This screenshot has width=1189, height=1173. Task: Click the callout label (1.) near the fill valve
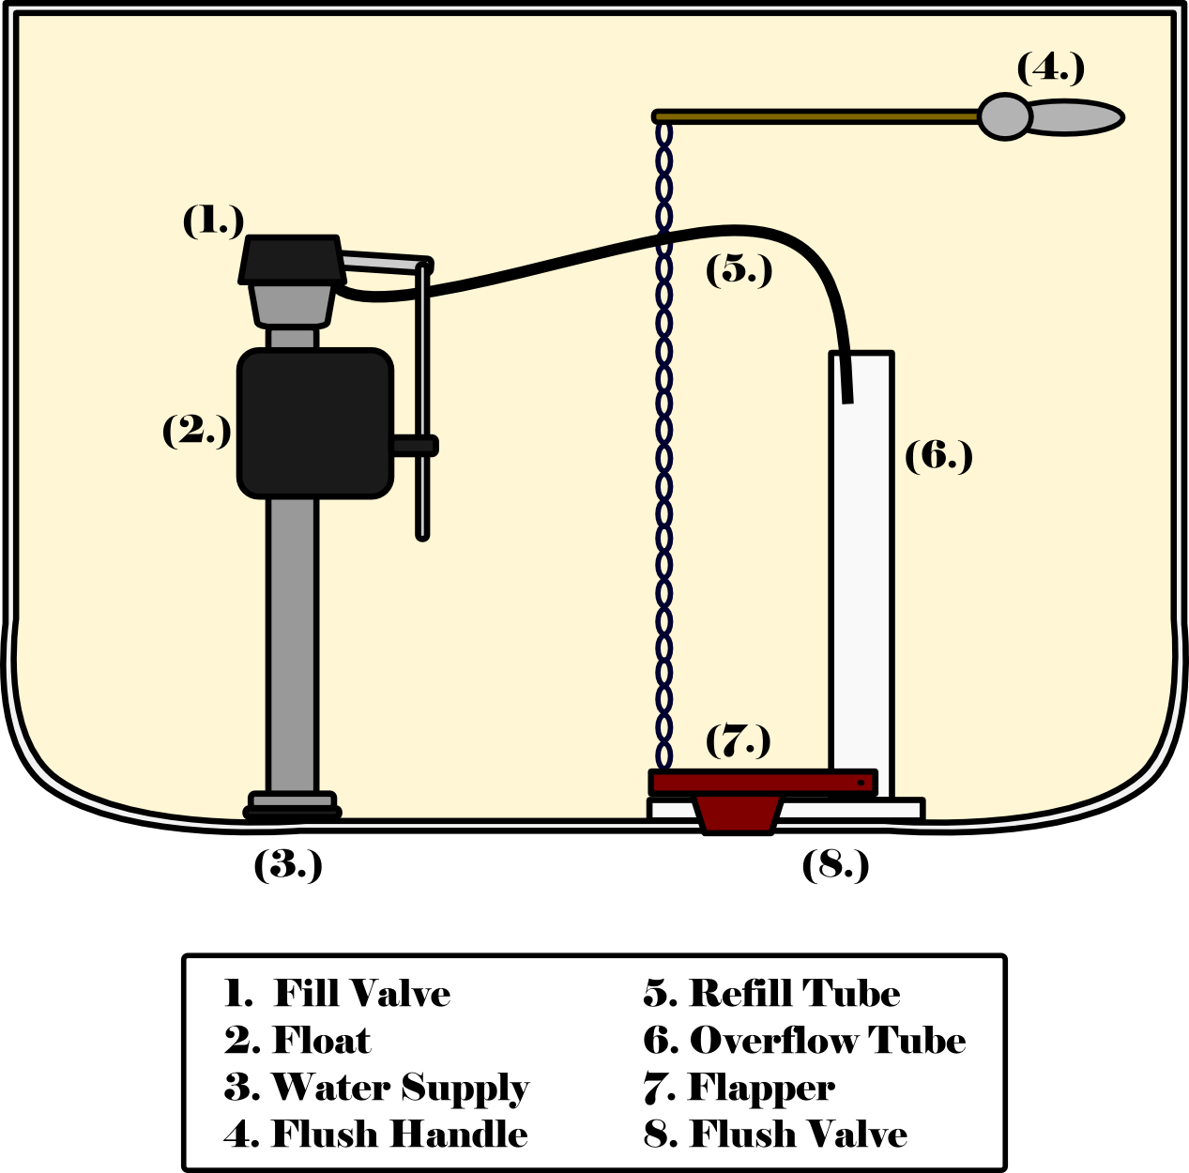213,221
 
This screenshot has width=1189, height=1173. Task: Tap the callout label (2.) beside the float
196,431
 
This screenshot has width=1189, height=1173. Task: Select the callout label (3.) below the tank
287,864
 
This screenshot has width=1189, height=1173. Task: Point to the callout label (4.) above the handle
1050,69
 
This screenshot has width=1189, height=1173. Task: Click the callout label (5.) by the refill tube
739,269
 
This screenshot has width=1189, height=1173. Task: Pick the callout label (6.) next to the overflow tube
937,456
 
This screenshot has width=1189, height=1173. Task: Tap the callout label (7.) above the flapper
738,740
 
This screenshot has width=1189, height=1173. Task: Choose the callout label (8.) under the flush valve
834,864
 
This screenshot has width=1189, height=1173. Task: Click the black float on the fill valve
314,423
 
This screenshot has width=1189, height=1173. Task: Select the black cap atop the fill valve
290,260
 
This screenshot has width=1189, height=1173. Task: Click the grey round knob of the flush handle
1005,116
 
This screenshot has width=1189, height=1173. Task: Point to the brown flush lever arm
816,116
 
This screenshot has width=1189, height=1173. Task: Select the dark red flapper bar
762,783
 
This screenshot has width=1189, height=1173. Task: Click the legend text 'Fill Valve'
361,994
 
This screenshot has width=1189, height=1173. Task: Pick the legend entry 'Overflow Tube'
827,1041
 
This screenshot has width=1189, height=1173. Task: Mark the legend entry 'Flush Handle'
399,1135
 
